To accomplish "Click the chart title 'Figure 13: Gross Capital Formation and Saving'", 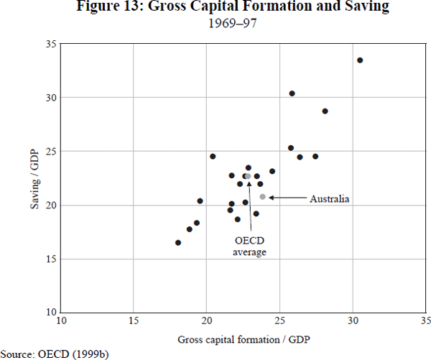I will tap(215, 8).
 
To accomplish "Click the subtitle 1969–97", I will tap(215, 23).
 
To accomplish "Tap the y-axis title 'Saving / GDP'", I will tap(34, 178).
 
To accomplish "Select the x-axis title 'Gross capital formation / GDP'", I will tap(244, 338).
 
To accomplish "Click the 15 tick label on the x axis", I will tap(134, 320).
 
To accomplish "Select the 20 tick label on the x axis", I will tap(207, 320).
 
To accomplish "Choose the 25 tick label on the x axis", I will tap(280, 320).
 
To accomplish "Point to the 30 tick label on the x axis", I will tap(353, 320).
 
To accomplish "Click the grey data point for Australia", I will tap(263, 197).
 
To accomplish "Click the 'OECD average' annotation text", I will tap(250, 246).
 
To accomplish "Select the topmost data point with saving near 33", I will tap(360, 60).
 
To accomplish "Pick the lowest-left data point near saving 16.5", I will tap(178, 243).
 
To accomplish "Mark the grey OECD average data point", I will tap(249, 176).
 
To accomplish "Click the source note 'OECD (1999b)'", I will tap(57, 354).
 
